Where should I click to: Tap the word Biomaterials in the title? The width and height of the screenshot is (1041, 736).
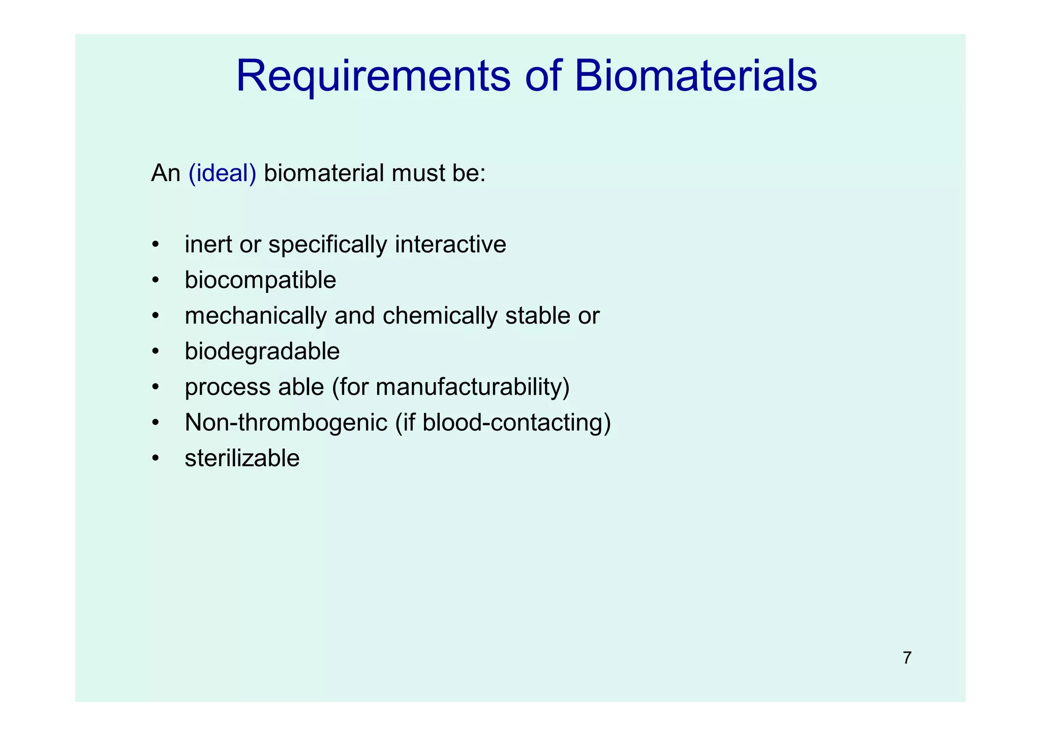point(696,76)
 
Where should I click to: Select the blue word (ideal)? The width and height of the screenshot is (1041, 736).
point(222,173)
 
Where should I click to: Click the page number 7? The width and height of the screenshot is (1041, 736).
point(907,658)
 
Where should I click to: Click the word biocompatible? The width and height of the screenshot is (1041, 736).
point(260,280)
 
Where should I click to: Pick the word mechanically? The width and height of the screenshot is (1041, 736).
point(256,316)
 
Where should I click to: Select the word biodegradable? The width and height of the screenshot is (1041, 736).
point(262,351)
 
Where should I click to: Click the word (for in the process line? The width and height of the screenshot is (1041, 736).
point(350,387)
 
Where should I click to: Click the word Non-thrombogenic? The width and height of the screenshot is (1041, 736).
point(286,423)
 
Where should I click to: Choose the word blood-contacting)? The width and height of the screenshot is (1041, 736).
point(516,423)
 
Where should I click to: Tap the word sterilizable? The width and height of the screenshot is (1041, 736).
point(242,458)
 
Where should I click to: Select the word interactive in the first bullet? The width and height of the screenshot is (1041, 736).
point(450,245)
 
